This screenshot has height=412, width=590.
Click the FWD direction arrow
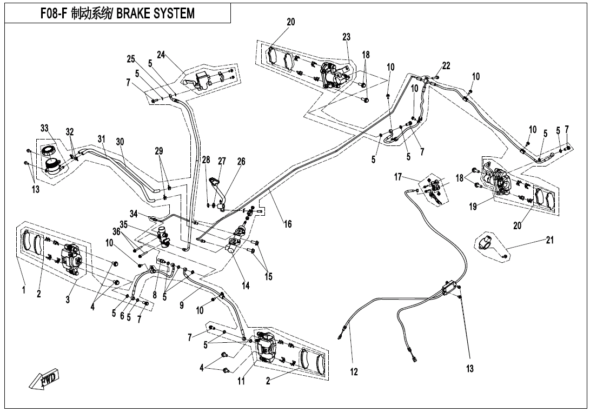(x=45, y=379)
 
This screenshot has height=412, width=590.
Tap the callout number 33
(x=44, y=128)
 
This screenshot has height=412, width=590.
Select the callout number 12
(x=354, y=371)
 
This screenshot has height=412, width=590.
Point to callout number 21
(x=550, y=240)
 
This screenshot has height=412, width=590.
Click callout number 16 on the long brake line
(x=288, y=224)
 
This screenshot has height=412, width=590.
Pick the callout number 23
(x=347, y=37)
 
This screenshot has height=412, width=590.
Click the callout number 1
(x=24, y=291)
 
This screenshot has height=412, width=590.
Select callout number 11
(x=242, y=381)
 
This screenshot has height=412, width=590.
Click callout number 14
(x=246, y=286)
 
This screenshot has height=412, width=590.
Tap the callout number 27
(x=222, y=161)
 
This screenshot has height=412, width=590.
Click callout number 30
(x=120, y=142)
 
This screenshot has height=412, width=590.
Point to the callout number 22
(x=446, y=65)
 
